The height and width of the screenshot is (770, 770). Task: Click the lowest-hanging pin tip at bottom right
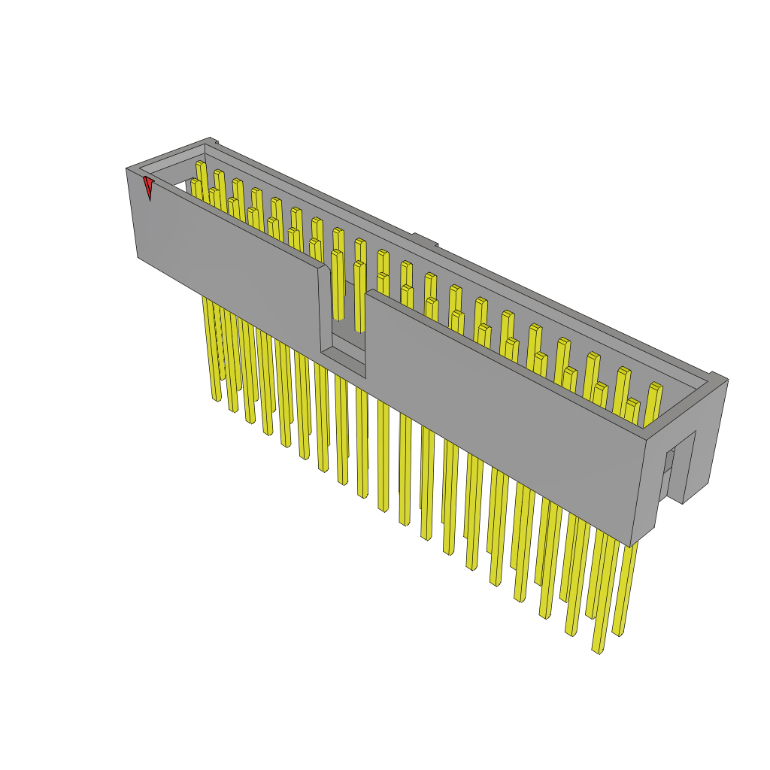click(598, 649)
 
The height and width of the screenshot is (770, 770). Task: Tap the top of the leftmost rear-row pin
click(200, 165)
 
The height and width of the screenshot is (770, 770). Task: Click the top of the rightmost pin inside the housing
click(655, 388)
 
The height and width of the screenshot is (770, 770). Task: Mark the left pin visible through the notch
click(337, 286)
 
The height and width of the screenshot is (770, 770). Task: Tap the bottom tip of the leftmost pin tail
click(217, 398)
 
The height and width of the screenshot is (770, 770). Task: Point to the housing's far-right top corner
click(726, 380)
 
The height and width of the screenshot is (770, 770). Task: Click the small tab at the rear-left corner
click(214, 141)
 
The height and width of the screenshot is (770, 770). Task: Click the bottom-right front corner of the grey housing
click(631, 545)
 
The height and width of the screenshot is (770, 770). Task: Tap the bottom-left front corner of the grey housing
click(138, 257)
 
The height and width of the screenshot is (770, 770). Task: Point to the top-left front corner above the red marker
click(127, 170)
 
